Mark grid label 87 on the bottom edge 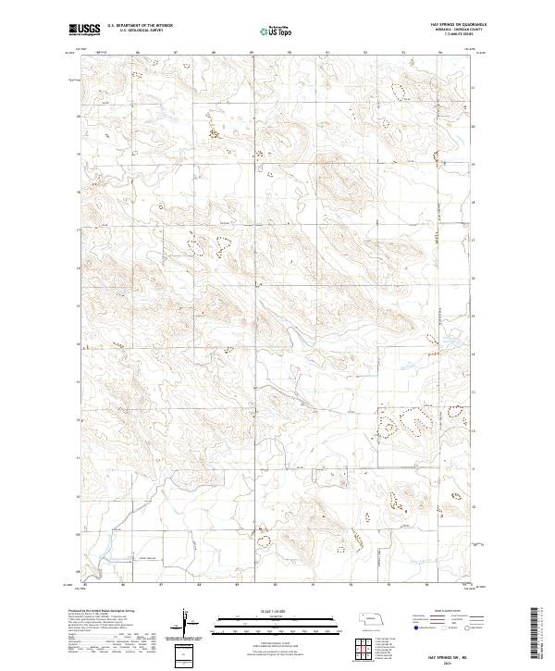tap(161, 585)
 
